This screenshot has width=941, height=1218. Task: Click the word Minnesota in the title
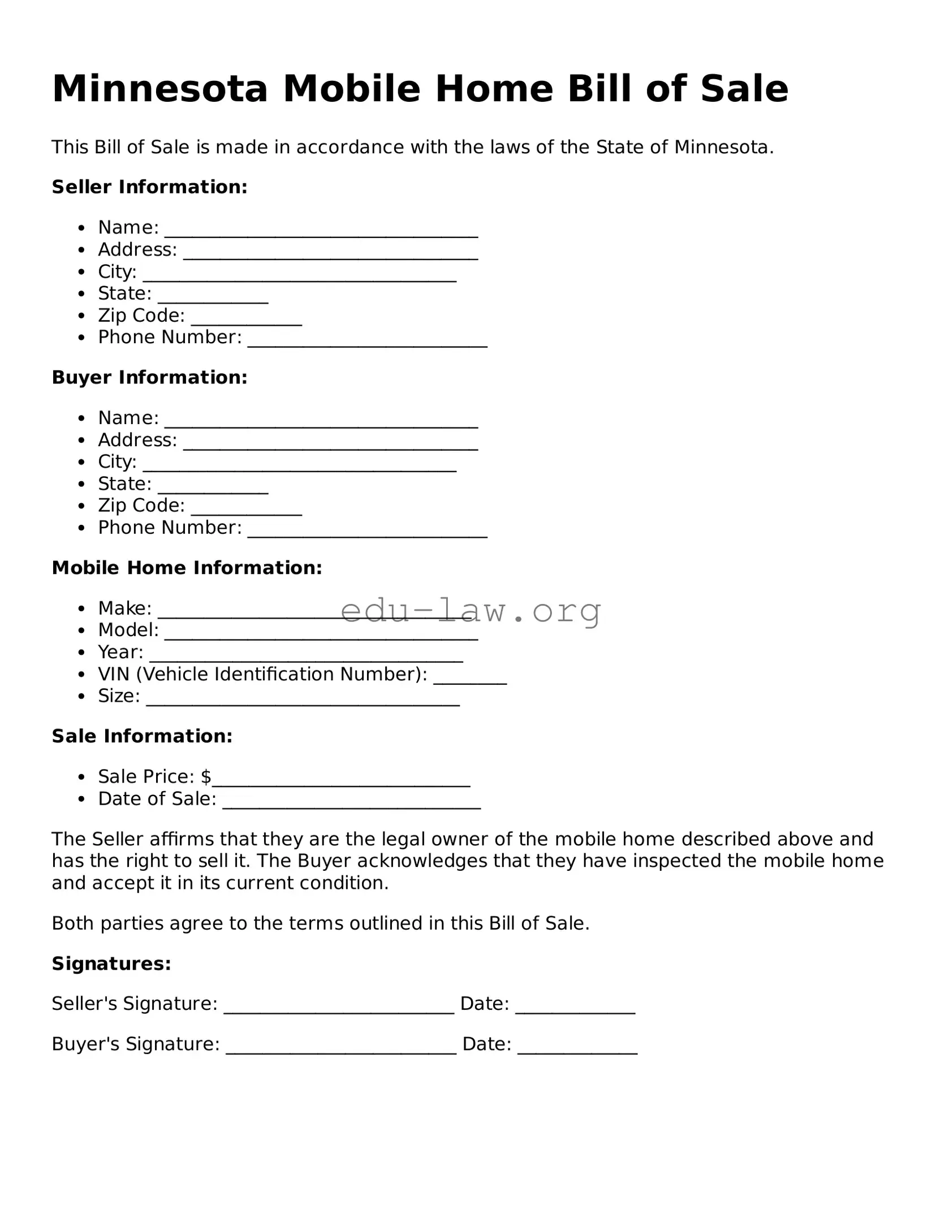click(159, 89)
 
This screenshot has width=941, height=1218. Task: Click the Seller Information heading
click(149, 187)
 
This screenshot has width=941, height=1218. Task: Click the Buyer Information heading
click(149, 377)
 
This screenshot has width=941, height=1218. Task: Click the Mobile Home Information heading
click(187, 568)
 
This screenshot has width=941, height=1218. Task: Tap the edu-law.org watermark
click(470, 611)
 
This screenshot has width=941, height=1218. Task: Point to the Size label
click(119, 696)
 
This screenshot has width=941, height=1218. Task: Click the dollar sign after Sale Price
click(206, 777)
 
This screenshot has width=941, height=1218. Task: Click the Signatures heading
click(111, 964)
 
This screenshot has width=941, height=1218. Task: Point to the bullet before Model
click(82, 630)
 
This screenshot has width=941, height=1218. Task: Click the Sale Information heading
click(142, 736)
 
